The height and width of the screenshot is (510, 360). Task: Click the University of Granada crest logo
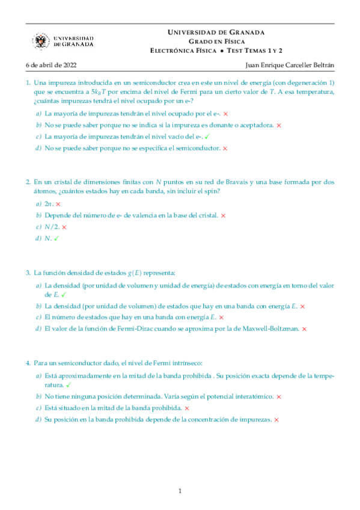coord(41,41)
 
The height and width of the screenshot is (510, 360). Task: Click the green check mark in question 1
coord(207,137)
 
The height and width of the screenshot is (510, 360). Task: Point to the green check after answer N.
coord(56,239)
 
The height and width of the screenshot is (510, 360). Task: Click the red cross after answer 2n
coord(58,204)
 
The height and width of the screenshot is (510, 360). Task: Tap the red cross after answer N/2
coord(64,227)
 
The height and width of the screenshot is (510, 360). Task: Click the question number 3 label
coord(28,272)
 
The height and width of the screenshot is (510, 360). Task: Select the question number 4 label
coord(28,363)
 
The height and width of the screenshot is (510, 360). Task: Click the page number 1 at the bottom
coord(180,491)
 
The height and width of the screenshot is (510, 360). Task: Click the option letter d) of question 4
coord(38,419)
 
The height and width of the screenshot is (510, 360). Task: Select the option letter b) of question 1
coord(38,125)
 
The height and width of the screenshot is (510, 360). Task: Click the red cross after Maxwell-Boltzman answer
coord(304,329)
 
